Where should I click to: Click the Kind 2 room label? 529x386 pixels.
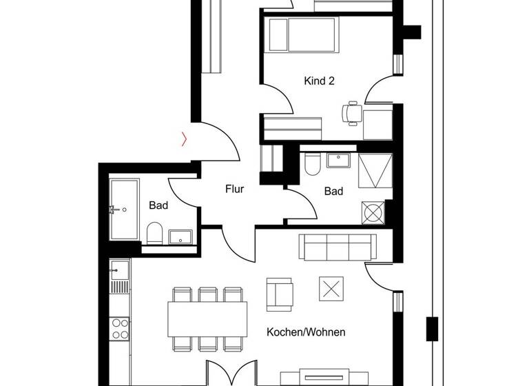tap(319, 81)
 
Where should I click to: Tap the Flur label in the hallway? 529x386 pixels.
tap(235, 188)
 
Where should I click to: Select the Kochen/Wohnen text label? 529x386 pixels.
tap(306, 332)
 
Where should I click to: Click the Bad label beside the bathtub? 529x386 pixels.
tap(158, 205)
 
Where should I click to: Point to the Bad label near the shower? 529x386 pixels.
tap(333, 192)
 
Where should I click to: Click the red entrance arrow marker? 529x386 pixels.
tap(183, 139)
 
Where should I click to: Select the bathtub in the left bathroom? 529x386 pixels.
tap(124, 209)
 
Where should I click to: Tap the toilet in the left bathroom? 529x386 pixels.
tap(155, 234)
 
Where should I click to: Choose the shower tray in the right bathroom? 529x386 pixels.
tap(375, 170)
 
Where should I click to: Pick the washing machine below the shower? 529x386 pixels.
tap(375, 212)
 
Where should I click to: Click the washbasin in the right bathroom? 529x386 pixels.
tap(338, 161)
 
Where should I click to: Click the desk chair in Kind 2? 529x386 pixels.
tap(352, 112)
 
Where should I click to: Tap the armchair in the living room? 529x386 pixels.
tap(280, 294)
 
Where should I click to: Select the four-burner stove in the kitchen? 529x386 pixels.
tap(120, 329)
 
